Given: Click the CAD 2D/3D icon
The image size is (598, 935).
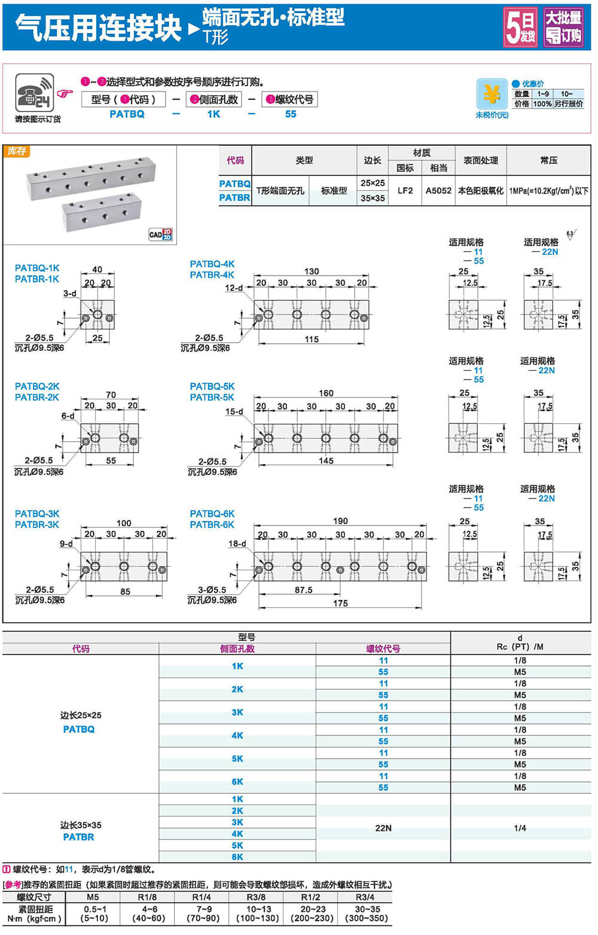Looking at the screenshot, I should coord(160,234).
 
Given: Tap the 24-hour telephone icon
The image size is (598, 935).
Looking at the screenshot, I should coord(34,92).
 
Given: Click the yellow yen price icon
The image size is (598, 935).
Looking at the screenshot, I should coord(492,94).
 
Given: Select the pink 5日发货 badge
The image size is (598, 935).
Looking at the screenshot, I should coord(520,27).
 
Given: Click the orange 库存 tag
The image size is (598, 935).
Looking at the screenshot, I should coord(17,151).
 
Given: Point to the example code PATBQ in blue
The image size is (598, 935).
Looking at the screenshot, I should coord(127,114).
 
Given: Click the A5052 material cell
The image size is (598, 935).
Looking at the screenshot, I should coord(438,191).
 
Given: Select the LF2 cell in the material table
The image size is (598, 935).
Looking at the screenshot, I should coord(405,191).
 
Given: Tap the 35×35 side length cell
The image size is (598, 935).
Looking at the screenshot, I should coord(373,198).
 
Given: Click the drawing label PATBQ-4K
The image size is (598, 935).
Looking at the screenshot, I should coord(212,264).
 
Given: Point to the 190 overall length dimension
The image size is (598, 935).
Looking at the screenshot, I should coord(340,521).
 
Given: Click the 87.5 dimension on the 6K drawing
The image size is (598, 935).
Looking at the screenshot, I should coord(303,590).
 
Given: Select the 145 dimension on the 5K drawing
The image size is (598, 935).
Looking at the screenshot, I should coord(326,461).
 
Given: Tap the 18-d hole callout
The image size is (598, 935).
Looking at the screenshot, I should coord(237,543).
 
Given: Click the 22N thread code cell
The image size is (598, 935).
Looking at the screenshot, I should coord(383,828).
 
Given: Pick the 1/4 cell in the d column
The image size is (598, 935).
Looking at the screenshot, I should coord(520,828).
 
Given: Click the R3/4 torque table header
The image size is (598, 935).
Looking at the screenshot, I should coord(365,897).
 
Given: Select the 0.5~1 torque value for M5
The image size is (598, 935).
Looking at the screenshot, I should coord(94,909).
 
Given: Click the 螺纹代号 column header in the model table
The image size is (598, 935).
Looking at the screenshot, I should coord(383,649).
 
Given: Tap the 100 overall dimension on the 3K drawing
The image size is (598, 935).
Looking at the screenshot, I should coord(124,523).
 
